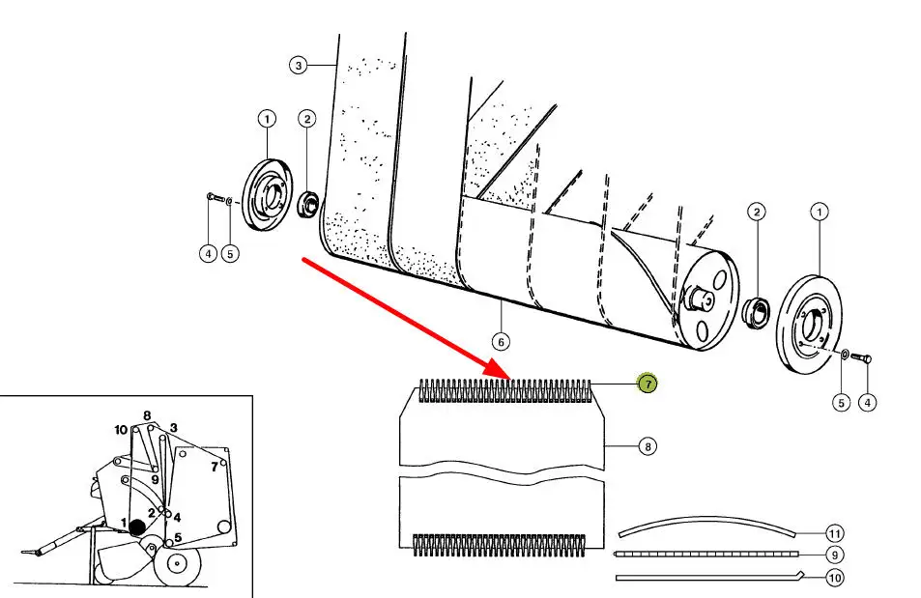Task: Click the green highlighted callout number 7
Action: (647, 384)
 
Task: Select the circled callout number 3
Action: (299, 66)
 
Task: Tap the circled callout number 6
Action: (500, 341)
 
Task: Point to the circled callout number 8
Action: (647, 446)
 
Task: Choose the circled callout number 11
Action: (835, 533)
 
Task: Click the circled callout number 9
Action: (835, 555)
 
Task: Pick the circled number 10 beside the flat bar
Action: (835, 578)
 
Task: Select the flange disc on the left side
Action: (263, 194)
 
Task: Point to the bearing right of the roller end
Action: (756, 311)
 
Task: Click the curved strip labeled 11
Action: (705, 523)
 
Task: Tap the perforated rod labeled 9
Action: (705, 555)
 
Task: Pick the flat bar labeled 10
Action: (705, 578)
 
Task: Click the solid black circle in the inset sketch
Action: (137, 527)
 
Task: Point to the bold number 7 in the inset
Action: (214, 467)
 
